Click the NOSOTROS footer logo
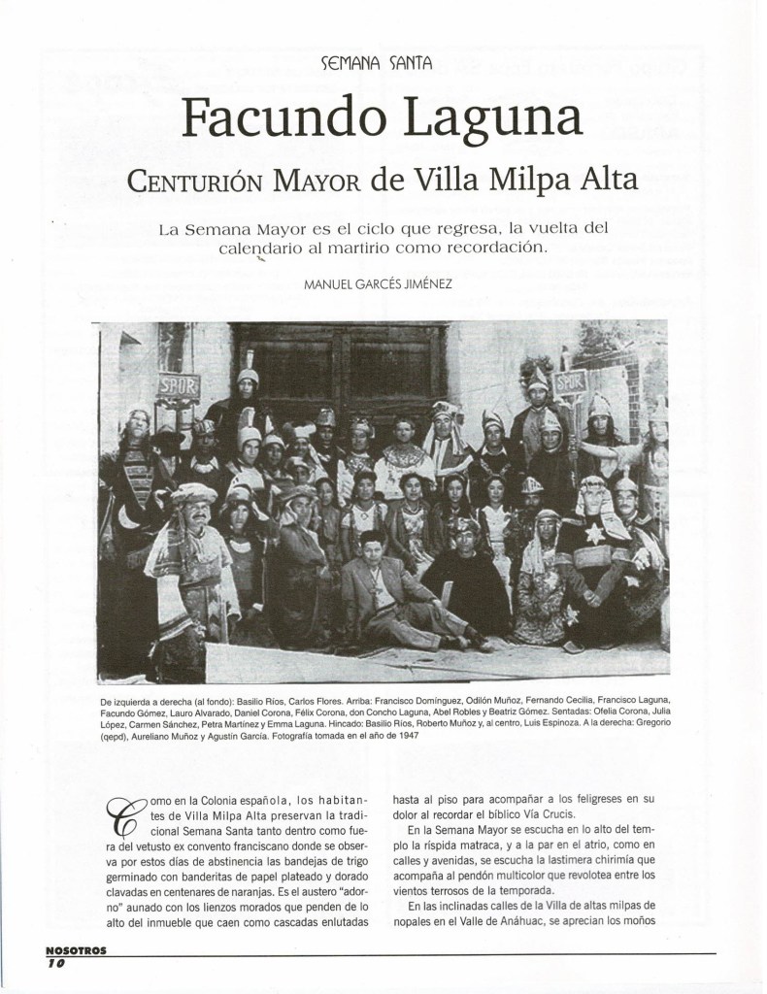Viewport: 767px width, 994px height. [x=77, y=953]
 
